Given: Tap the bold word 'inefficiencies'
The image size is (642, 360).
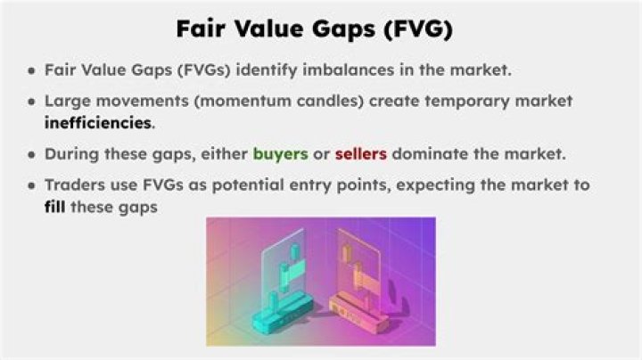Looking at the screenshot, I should [98, 122].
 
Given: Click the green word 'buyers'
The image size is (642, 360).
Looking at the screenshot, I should [280, 153].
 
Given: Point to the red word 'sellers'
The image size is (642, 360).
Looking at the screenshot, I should [360, 153].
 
